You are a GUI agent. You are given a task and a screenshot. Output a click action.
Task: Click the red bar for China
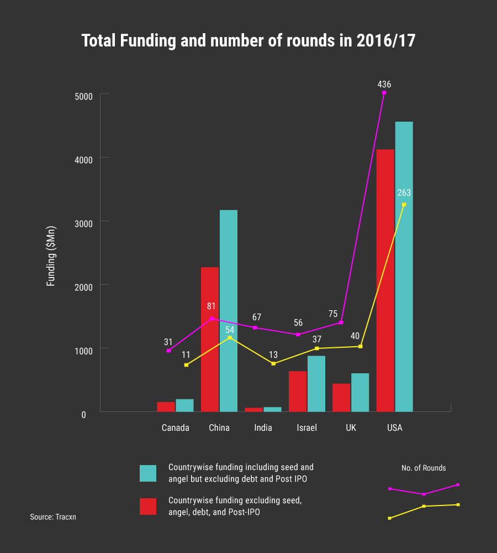(210, 340)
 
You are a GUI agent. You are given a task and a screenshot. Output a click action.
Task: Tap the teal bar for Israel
(316, 384)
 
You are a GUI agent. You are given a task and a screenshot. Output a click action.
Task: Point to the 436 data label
(384, 85)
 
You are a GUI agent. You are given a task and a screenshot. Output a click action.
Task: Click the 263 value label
(404, 193)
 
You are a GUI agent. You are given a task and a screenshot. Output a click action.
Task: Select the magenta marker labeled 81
(212, 319)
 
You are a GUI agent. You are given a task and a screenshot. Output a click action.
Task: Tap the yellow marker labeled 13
(273, 363)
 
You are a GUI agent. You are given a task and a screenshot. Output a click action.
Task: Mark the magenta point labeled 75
(341, 322)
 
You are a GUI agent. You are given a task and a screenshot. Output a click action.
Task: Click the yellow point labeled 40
(361, 346)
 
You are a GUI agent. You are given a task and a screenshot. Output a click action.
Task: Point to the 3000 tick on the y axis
(84, 222)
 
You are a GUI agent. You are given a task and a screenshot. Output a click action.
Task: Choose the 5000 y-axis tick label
(84, 95)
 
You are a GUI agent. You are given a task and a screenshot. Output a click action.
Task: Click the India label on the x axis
(263, 428)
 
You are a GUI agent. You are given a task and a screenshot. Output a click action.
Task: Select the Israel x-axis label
(306, 428)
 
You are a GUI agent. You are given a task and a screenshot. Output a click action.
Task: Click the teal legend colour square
(148, 473)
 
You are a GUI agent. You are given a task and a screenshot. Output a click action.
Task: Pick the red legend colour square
(148, 507)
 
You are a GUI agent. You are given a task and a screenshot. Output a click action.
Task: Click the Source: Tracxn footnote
(53, 517)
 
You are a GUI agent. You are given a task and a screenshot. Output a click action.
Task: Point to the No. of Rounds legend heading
(424, 468)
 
